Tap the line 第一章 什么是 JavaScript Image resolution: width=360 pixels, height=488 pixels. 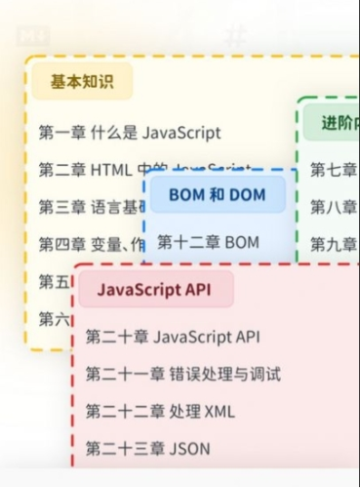(x=130, y=132)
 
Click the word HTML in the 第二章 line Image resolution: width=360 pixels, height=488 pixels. (x=110, y=170)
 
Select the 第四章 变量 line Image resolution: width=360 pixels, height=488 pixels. (x=88, y=244)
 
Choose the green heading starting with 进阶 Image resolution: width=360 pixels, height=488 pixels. (x=338, y=123)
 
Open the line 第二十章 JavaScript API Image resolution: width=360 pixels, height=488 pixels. (x=173, y=337)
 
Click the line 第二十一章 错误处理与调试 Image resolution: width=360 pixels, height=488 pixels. (x=182, y=374)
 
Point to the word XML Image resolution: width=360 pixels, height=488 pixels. (x=217, y=411)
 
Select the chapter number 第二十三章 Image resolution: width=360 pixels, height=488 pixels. (x=123, y=449)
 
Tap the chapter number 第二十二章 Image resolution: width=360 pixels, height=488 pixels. (x=123, y=411)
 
